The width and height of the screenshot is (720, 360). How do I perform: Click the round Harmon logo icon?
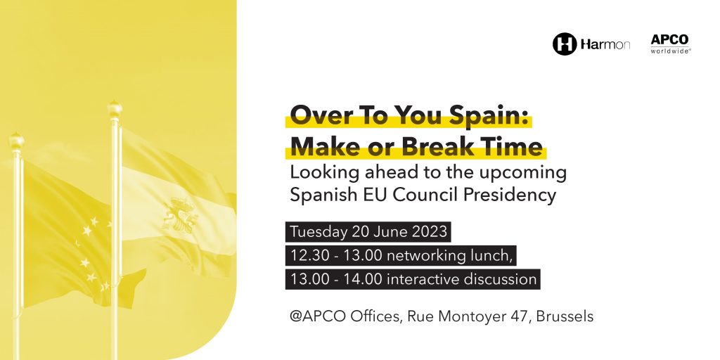pyautogui.click(x=565, y=44)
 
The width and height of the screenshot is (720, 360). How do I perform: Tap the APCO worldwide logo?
pyautogui.click(x=670, y=44)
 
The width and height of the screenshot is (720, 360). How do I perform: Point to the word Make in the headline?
pyautogui.click(x=322, y=147)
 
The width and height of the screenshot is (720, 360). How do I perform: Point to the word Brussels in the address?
pyautogui.click(x=565, y=316)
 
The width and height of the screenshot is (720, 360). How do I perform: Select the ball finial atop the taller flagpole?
pyautogui.click(x=115, y=109)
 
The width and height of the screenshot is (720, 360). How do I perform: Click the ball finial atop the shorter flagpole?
pyautogui.click(x=17, y=141)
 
